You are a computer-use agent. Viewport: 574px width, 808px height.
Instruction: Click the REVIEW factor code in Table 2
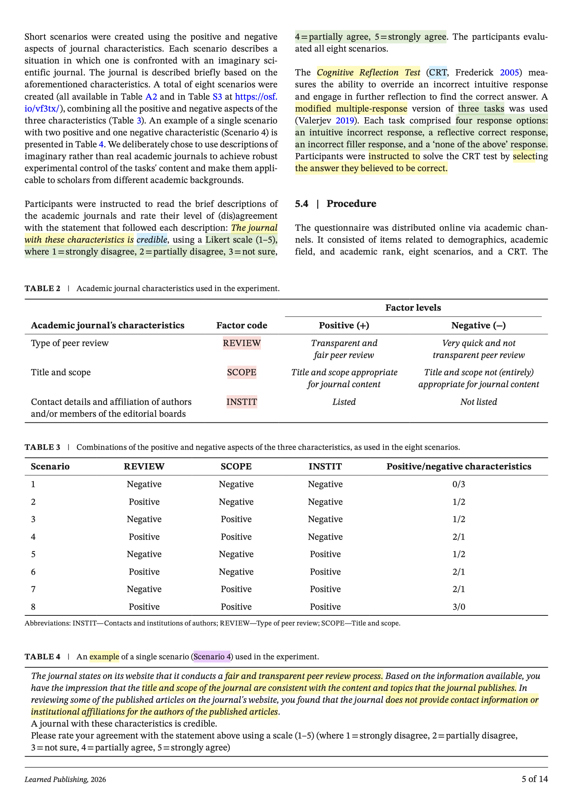coord(242,343)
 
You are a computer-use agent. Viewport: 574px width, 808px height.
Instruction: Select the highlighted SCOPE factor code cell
coord(242,372)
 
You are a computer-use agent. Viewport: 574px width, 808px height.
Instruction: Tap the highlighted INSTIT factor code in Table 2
coord(242,402)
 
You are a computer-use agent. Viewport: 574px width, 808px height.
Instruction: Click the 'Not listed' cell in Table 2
coord(478,402)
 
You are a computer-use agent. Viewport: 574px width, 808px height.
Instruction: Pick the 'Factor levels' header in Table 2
coord(413,308)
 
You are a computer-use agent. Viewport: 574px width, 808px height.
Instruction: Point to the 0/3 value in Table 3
coord(459,484)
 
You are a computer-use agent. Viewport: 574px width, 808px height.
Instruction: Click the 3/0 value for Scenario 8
coord(459,607)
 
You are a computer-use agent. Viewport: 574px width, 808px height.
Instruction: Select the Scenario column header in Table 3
coord(50,466)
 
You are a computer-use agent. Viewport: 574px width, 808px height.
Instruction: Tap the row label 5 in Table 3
coord(33,554)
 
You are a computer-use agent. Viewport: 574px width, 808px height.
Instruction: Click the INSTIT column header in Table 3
coord(325,466)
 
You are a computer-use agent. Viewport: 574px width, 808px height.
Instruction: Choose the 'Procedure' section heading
coord(351,204)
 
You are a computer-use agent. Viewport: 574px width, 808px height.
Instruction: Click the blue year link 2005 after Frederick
coord(509,73)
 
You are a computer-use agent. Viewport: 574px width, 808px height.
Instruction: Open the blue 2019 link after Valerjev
coord(345,121)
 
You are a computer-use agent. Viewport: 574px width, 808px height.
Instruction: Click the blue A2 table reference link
coord(151,96)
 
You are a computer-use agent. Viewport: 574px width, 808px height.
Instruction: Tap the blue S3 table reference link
coord(217,96)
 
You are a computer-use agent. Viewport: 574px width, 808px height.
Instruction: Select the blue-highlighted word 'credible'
coord(152,240)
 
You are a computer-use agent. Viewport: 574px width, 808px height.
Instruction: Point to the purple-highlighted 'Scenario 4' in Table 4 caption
coord(212,656)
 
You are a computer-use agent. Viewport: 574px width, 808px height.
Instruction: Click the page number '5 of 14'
coord(534,779)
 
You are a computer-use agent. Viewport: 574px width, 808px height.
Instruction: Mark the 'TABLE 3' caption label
coord(43,447)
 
